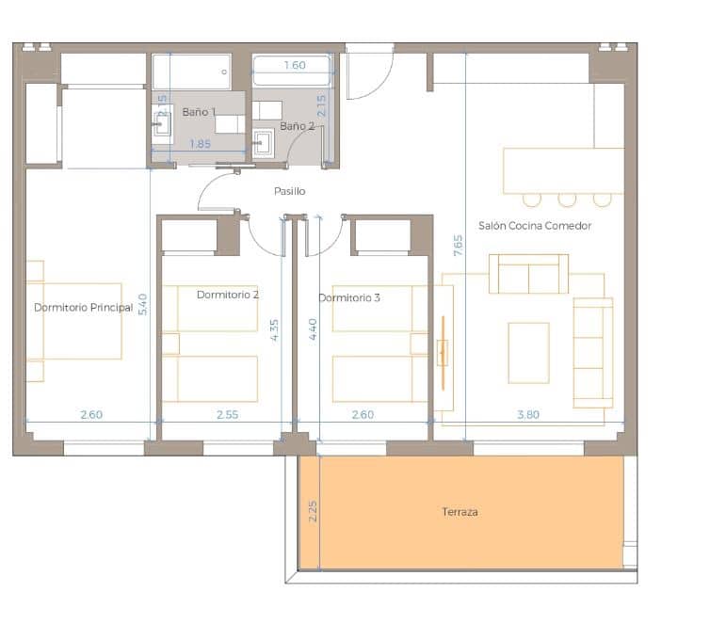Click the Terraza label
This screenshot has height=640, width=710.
tap(460, 512)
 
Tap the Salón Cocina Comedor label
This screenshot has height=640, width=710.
tap(535, 226)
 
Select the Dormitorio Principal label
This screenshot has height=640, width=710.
tap(83, 308)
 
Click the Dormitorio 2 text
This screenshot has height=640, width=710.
tap(228, 295)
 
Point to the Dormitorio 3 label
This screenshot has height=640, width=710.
tap(349, 298)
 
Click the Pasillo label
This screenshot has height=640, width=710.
tap(290, 191)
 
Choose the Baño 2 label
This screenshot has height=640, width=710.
tap(297, 126)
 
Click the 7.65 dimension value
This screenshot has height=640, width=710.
tap(458, 246)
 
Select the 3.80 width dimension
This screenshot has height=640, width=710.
tap(528, 414)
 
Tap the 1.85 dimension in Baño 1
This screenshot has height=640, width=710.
tap(200, 144)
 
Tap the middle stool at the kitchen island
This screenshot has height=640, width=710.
tap(567, 200)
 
